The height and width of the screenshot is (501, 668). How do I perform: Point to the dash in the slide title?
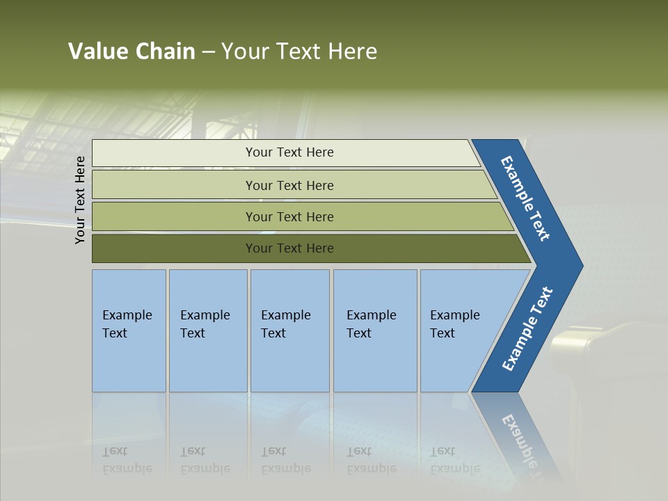[208, 52]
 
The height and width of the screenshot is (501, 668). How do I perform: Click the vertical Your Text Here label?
[80, 200]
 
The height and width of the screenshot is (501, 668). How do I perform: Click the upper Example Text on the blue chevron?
[525, 198]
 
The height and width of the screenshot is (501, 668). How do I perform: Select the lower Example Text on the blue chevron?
[527, 329]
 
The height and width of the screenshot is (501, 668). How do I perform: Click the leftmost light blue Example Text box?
[129, 331]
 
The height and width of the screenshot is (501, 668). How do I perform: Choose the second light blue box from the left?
[208, 331]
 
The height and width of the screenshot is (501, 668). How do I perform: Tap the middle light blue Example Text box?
[289, 331]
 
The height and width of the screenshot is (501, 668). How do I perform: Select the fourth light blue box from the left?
[375, 331]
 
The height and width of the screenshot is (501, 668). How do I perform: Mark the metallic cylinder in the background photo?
[577, 344]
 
